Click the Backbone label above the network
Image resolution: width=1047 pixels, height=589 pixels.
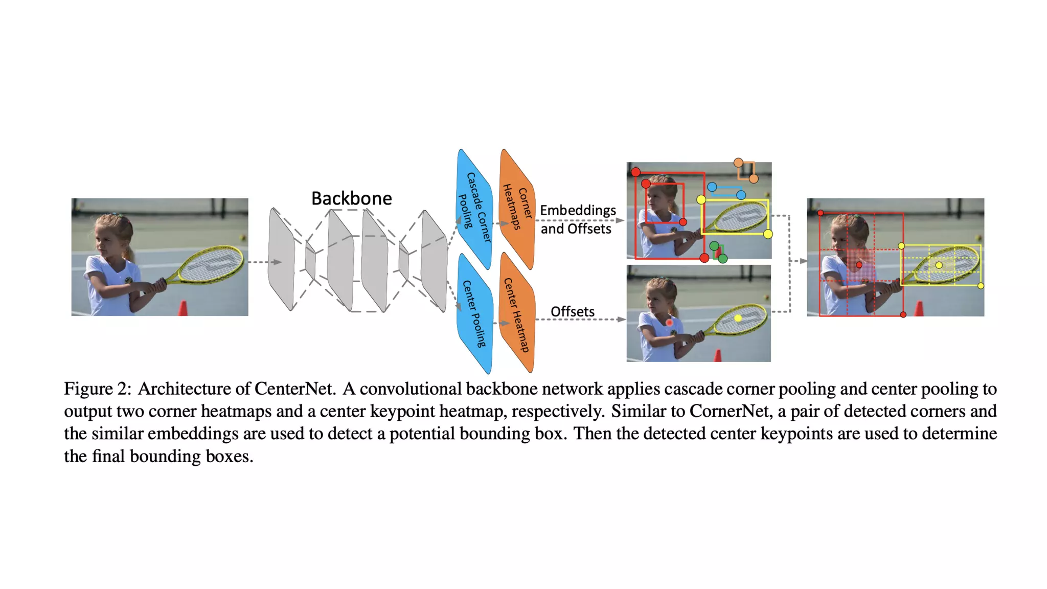coord(351,198)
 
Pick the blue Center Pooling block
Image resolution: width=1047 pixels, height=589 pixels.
coord(474,313)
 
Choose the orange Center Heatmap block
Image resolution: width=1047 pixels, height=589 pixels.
coord(517,313)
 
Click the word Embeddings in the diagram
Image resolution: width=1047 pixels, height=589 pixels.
coord(578,210)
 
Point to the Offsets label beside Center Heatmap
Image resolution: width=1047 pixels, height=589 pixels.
coord(572,311)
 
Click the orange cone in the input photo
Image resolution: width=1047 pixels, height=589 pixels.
coord(183,308)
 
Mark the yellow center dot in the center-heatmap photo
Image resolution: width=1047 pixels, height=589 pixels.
coord(738,318)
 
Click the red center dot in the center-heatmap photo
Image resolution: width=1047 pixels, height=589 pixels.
coord(669,323)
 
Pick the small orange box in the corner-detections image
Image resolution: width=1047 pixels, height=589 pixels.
coord(746,170)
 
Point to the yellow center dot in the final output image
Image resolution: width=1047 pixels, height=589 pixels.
coord(939,265)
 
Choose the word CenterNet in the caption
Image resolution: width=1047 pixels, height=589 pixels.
coord(294,389)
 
